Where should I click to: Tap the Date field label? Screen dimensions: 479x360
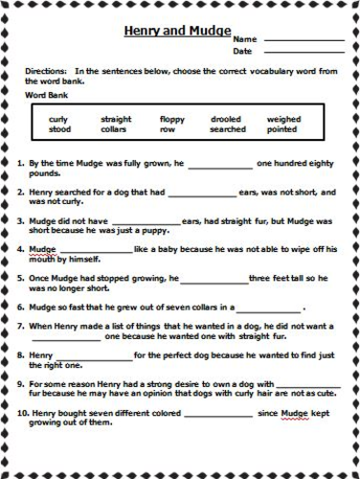pos(241,51)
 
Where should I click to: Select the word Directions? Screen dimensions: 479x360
pos(49,71)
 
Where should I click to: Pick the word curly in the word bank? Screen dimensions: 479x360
pos(58,119)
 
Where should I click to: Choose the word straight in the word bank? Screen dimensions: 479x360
pos(116,119)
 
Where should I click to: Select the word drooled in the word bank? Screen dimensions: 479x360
pos(226,119)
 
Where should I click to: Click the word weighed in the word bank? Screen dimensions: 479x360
pos(283,119)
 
